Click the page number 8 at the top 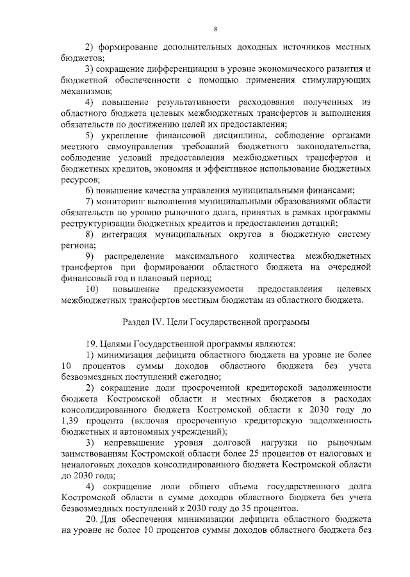pos(215,29)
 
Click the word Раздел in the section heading pos(136,321)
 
